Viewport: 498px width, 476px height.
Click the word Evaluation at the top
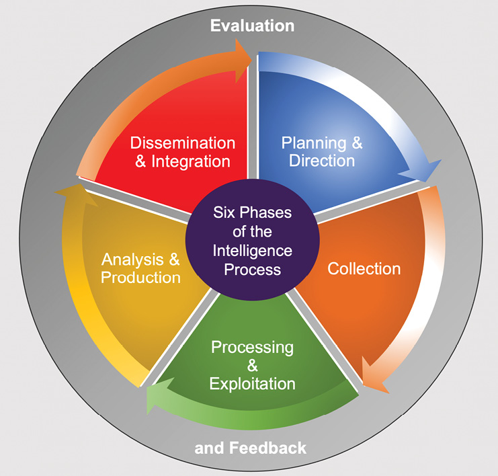252,26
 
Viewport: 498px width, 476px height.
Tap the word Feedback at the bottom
267,448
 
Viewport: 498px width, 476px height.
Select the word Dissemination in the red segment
183,143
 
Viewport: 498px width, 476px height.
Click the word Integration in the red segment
191,162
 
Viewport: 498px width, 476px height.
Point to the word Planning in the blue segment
314,144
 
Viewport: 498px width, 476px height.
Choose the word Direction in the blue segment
322,161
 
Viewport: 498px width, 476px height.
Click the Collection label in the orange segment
364,269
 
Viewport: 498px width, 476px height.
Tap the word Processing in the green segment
252,348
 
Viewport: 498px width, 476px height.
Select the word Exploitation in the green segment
252,384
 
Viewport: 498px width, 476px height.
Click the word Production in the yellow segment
140,278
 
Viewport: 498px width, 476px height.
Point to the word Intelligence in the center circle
252,251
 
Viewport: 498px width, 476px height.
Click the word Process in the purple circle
252,270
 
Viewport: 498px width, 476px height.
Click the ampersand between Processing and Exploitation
252,366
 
